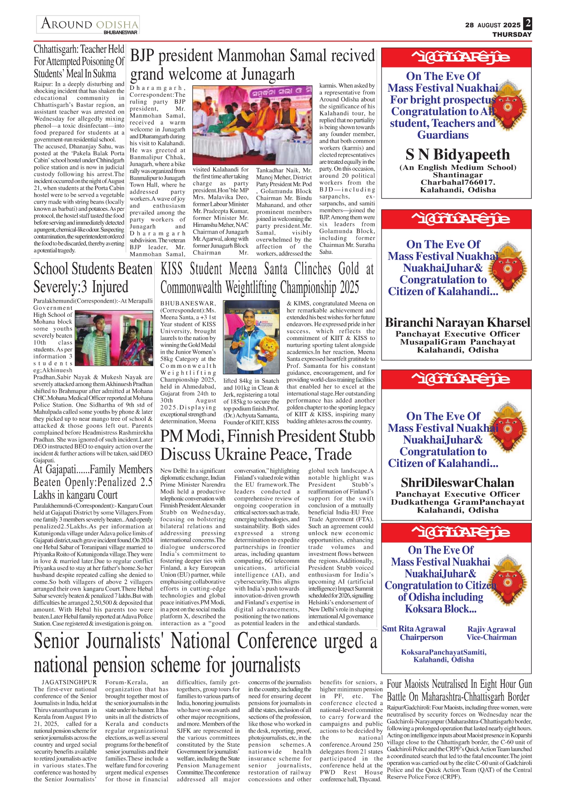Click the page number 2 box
[x=528, y=23]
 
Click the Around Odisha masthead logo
[x=89, y=25]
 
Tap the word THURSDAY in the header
[x=512, y=34]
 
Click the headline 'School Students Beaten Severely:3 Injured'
[x=93, y=278]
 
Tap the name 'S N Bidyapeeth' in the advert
[x=457, y=155]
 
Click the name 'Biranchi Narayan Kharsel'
[x=457, y=323]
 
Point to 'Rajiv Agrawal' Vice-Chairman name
[x=491, y=629]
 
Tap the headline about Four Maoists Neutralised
[x=458, y=691]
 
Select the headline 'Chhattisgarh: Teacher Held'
[x=79, y=49]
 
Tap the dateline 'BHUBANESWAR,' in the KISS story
[x=188, y=304]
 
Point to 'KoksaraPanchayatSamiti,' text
[x=444, y=652]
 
